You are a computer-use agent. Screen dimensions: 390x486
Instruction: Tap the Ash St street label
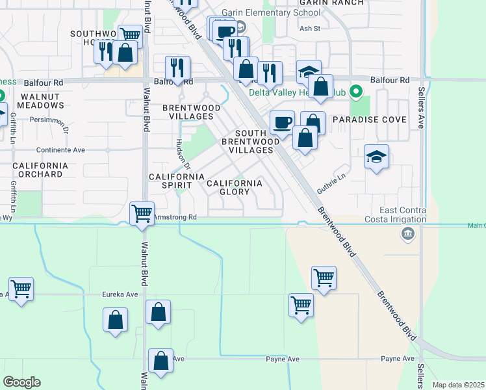click(x=310, y=29)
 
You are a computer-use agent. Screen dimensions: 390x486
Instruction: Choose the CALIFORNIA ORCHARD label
click(x=40, y=170)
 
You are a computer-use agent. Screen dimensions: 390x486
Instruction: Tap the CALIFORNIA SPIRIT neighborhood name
click(x=177, y=181)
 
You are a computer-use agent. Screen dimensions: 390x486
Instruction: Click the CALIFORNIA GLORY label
click(x=234, y=187)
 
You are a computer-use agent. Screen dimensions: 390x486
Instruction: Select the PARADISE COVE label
click(x=369, y=120)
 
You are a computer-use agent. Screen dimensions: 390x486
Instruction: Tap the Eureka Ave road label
click(x=120, y=294)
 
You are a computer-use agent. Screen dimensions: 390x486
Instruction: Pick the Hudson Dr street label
click(x=179, y=153)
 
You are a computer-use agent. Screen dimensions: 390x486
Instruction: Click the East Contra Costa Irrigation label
click(x=403, y=214)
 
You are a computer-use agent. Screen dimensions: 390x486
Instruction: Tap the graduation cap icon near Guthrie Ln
click(x=376, y=157)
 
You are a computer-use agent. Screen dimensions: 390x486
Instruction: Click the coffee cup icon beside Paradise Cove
click(x=282, y=122)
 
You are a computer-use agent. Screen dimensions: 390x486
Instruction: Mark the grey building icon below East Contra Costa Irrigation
click(x=408, y=234)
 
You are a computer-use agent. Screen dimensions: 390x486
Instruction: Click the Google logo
click(x=21, y=382)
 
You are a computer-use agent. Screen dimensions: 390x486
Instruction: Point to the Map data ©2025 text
click(x=458, y=385)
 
